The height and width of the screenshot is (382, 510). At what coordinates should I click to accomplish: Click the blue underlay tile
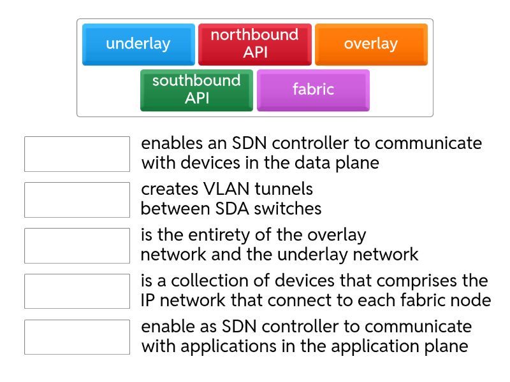pyautogui.click(x=138, y=44)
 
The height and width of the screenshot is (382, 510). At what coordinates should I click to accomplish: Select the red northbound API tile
pyautogui.click(x=254, y=44)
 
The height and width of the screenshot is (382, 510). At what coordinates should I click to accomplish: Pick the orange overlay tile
pyautogui.click(x=371, y=44)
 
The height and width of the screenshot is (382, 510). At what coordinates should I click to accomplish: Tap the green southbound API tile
pyautogui.click(x=196, y=90)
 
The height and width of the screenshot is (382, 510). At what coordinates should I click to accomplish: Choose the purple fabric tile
pyautogui.click(x=313, y=90)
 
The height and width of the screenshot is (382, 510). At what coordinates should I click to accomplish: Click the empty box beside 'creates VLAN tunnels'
pyautogui.click(x=77, y=200)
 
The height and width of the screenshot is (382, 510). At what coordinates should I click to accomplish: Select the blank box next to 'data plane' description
pyautogui.click(x=77, y=154)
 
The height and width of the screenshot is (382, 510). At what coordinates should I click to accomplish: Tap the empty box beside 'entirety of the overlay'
pyautogui.click(x=77, y=246)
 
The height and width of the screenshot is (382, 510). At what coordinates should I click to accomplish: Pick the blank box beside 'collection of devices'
pyautogui.click(x=77, y=292)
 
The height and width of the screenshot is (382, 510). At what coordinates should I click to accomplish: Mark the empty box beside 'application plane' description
pyautogui.click(x=77, y=337)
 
